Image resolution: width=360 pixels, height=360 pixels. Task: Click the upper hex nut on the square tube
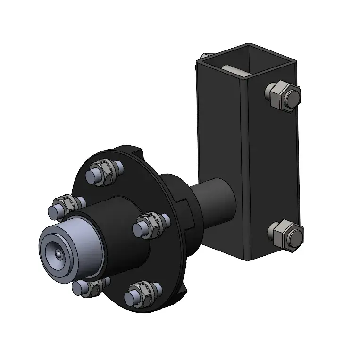(277, 96)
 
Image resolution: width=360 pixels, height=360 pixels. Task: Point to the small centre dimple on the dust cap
(57, 254)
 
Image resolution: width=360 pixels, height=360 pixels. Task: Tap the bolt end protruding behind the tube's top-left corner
(202, 56)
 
